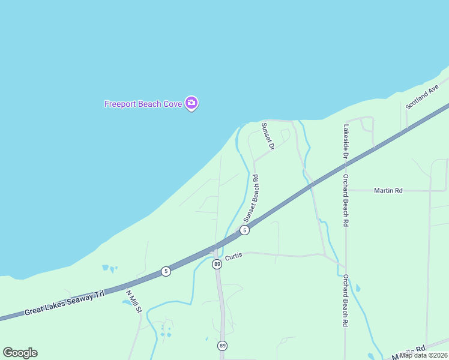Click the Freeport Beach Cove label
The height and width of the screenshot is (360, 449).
(x=142, y=104)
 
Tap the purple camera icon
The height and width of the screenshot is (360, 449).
(x=191, y=103)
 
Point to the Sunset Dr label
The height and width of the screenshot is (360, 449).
(x=268, y=136)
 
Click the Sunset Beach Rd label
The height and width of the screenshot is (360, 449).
(x=251, y=199)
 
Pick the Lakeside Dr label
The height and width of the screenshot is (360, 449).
(x=346, y=142)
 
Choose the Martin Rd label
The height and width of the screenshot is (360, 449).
(x=388, y=190)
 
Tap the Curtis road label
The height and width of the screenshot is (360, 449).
(x=234, y=255)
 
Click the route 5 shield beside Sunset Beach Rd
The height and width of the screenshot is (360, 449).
(x=244, y=230)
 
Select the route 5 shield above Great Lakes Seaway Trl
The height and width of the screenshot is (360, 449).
(x=166, y=272)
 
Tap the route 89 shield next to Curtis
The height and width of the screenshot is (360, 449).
(x=217, y=264)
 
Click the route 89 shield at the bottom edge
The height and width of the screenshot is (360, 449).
(x=223, y=346)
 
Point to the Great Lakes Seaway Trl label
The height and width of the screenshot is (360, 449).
(x=64, y=302)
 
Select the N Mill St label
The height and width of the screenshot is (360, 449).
(x=133, y=302)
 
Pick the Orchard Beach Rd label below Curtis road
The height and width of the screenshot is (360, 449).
(x=346, y=300)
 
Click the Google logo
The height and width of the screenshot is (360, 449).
(x=20, y=353)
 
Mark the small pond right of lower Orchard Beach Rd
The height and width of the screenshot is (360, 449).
(x=358, y=288)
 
